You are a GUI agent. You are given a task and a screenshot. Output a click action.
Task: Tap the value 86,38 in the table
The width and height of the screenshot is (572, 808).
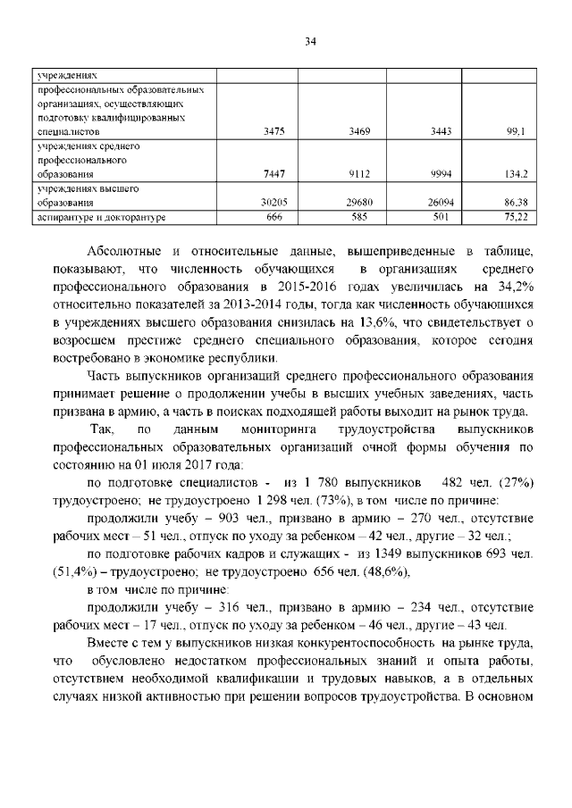pos(512,203)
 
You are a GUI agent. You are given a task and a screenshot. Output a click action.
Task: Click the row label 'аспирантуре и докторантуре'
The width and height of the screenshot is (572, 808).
pos(99,216)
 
